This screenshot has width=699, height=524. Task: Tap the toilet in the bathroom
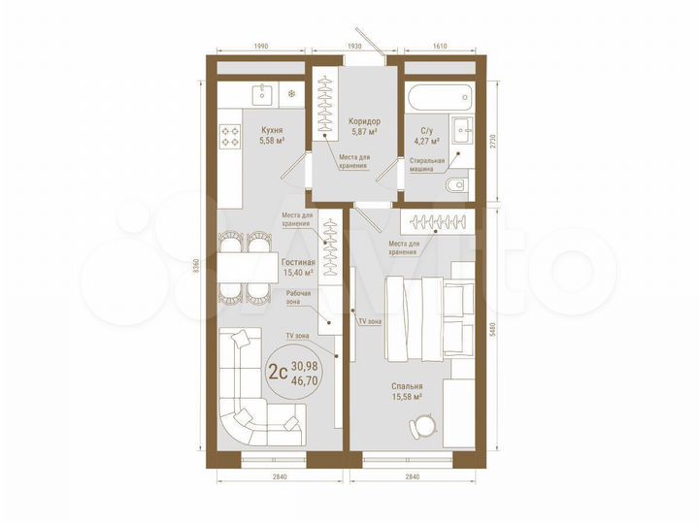pyautogui.click(x=453, y=184)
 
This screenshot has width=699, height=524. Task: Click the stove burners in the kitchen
pyautogui.click(x=230, y=137)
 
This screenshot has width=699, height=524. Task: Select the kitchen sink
pyautogui.click(x=262, y=94)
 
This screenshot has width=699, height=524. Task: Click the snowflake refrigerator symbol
pyautogui.click(x=290, y=94)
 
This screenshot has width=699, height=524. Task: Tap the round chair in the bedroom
pyautogui.click(x=422, y=427)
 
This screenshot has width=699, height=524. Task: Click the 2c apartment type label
pyautogui.click(x=278, y=370)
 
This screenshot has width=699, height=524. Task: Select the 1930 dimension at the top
pyautogui.click(x=354, y=47)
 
